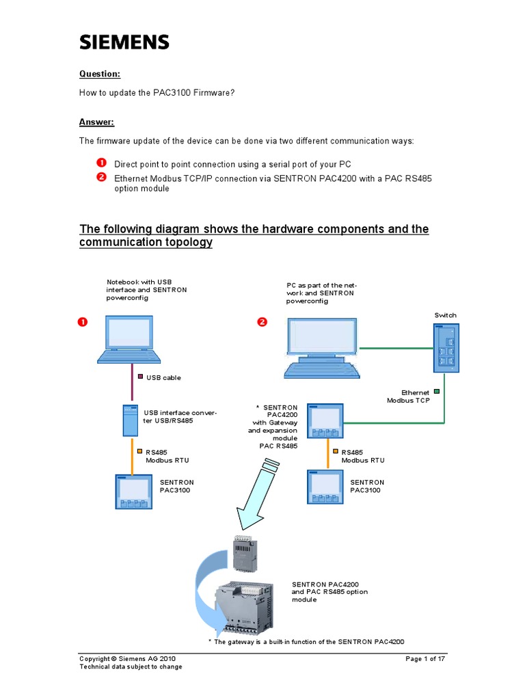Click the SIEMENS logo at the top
(124, 42)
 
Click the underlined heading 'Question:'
(100, 74)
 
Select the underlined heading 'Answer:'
(96, 122)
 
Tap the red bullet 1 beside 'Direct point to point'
(101, 163)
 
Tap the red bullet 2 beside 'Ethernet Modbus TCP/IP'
(101, 178)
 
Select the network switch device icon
(446, 347)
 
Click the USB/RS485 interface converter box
(130, 420)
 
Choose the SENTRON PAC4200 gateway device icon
(326, 420)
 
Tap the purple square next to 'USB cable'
(140, 377)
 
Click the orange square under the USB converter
(139, 451)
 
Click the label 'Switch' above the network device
(445, 315)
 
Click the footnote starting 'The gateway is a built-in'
(306, 642)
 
